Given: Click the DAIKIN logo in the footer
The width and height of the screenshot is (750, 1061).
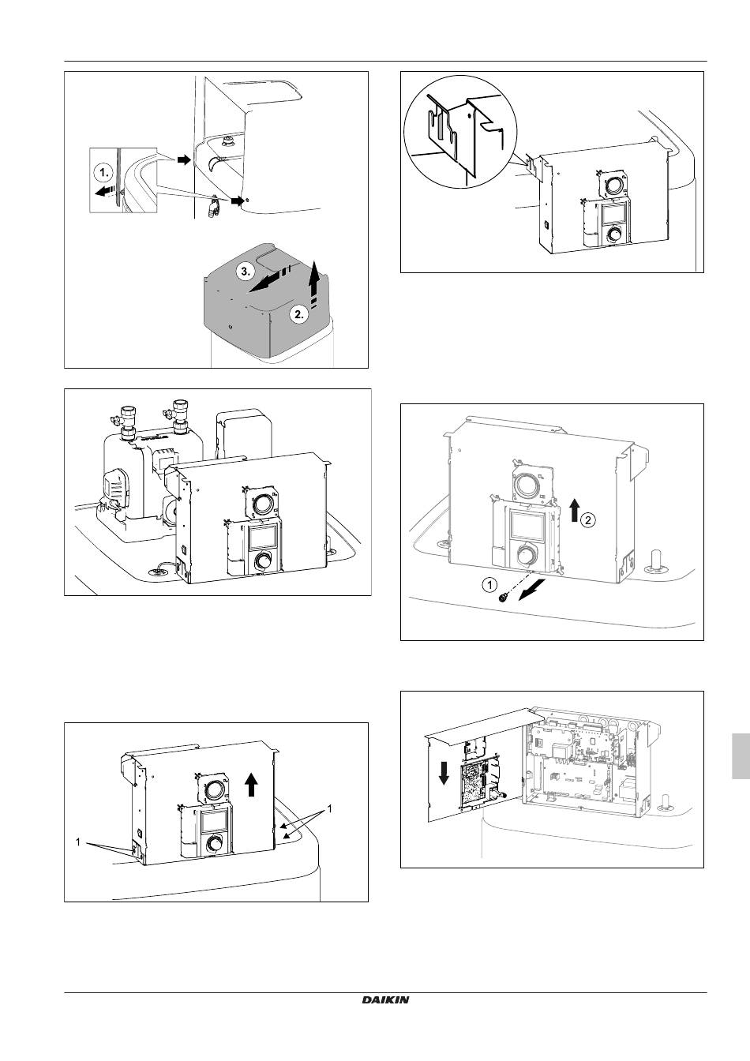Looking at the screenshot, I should [x=386, y=999].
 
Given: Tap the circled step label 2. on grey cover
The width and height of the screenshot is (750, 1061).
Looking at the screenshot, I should [x=298, y=315].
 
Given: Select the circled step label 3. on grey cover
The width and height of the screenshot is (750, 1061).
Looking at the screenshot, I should [x=246, y=271].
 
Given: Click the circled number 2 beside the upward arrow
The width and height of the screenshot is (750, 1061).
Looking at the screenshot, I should [x=589, y=519].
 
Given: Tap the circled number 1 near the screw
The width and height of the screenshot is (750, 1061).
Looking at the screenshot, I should [x=489, y=585].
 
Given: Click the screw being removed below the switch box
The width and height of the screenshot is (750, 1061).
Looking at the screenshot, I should [x=502, y=600].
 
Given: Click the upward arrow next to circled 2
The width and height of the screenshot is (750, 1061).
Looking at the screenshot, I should [x=572, y=510].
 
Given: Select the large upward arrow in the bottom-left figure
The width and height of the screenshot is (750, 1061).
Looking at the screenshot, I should [x=251, y=784].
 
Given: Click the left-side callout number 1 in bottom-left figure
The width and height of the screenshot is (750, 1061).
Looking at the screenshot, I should [x=78, y=842].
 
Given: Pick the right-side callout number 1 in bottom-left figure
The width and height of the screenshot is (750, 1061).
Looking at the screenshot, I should [x=329, y=809].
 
